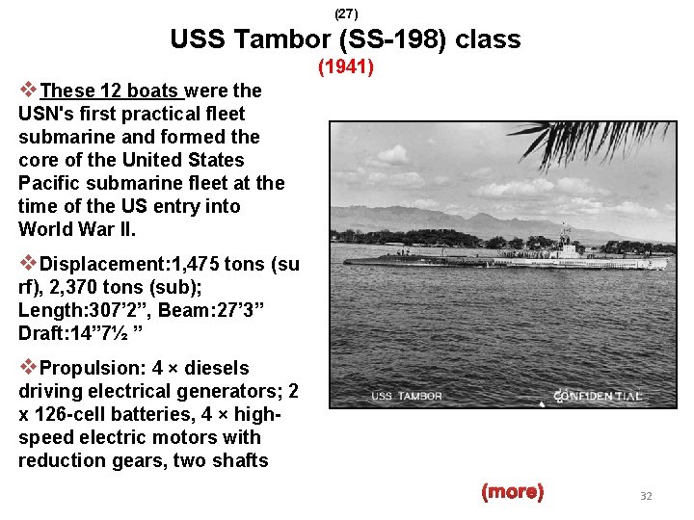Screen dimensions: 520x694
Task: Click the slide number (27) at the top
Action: coord(346,13)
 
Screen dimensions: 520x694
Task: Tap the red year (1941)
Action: coord(346,68)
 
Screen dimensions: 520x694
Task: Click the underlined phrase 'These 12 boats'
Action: coord(111,91)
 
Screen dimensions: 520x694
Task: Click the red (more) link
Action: coord(512,492)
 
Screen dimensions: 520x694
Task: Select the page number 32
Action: coord(646,496)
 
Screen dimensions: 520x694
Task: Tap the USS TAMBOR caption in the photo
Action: coord(407,397)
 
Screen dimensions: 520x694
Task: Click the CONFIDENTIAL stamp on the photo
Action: coord(598,396)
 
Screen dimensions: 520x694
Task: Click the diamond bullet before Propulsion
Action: coord(29,367)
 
